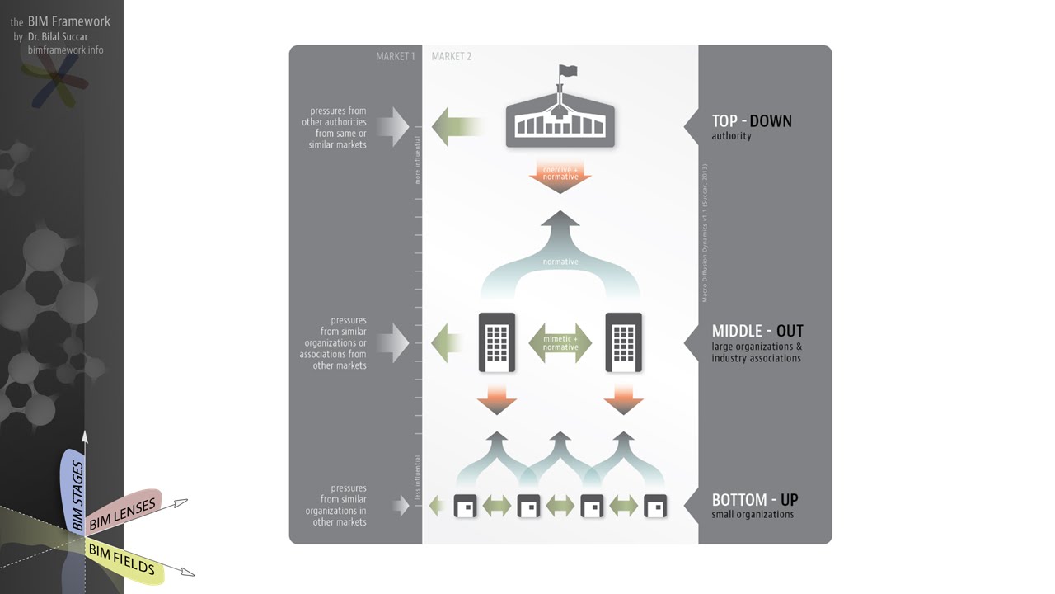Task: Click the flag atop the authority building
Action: click(x=567, y=72)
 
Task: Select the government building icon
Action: click(x=560, y=124)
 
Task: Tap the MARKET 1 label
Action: click(x=396, y=57)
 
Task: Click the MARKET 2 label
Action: click(x=452, y=57)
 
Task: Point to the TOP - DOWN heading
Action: click(x=752, y=121)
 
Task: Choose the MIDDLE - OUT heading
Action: click(x=757, y=332)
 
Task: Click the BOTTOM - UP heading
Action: click(x=755, y=500)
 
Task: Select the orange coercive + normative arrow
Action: click(x=560, y=178)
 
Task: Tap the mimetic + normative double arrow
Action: click(x=560, y=342)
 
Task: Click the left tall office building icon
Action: click(x=497, y=342)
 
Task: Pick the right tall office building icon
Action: click(x=624, y=342)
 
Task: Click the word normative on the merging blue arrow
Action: click(x=560, y=262)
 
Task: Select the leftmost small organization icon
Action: click(x=466, y=506)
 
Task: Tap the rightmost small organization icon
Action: click(x=655, y=506)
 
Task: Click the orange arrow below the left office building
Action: click(x=497, y=400)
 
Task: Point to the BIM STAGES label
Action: click(x=77, y=496)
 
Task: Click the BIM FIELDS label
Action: click(x=122, y=559)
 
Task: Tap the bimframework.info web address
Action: click(x=66, y=50)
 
